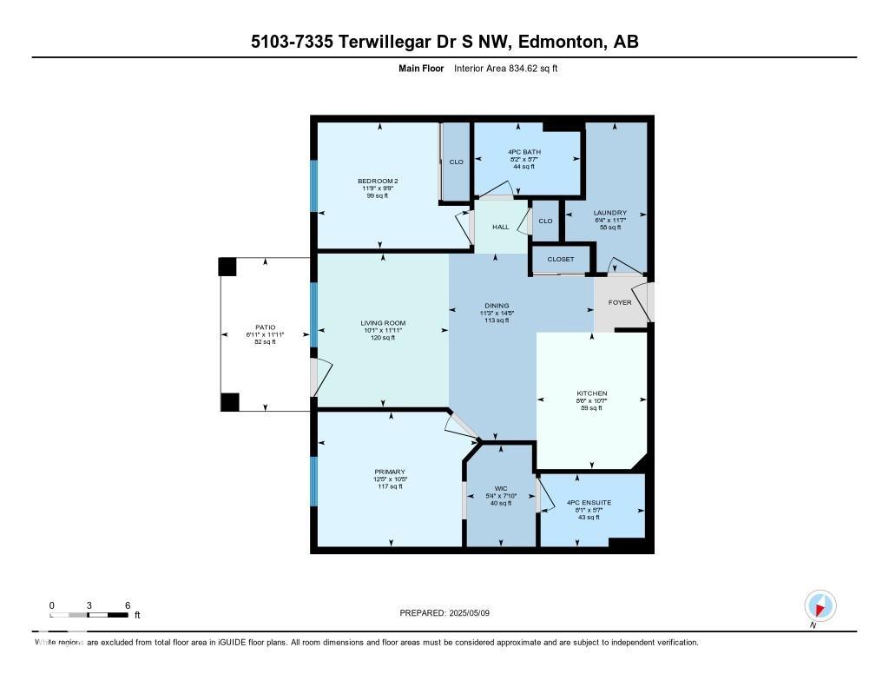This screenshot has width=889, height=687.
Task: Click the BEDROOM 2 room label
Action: tap(378, 181)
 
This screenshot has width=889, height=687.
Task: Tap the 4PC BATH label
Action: tap(524, 152)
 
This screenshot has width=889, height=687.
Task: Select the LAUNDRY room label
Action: tap(609, 213)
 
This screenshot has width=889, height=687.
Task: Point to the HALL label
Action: tap(501, 227)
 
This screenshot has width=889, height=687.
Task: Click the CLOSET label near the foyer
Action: tap(561, 259)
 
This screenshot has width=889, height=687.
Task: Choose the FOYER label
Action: tap(620, 302)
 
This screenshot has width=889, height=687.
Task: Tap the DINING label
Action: tap(497, 306)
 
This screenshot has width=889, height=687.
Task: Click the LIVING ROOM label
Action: tap(383, 323)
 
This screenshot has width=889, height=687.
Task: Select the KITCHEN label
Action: tap(592, 393)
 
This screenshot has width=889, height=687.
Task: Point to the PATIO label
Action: tap(265, 327)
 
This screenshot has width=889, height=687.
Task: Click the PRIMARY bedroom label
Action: tap(391, 472)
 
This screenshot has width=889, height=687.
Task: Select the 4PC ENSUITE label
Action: tap(589, 502)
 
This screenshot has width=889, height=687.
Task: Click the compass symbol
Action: tap(820, 605)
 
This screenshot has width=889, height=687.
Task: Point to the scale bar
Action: tap(89, 615)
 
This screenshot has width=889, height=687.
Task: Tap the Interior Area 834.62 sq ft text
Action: tap(505, 68)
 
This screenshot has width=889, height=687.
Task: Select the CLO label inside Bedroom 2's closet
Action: tap(456, 162)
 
